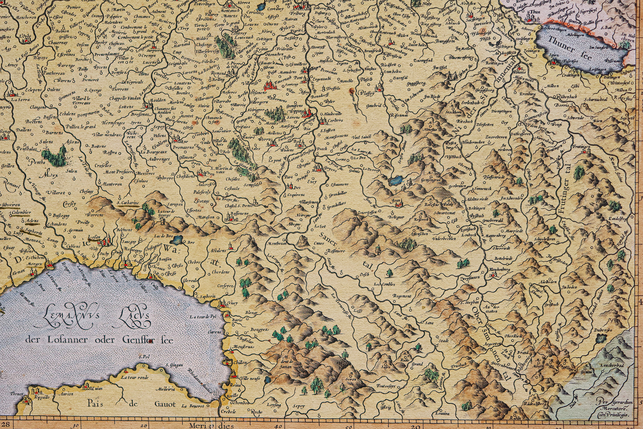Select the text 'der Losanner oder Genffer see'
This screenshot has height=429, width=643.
point(99,340)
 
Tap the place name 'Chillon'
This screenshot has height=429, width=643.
point(240,363)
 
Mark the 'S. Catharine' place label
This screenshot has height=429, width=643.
point(128,203)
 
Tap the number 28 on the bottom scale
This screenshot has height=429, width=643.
point(5,425)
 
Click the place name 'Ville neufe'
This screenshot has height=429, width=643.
point(250,378)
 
